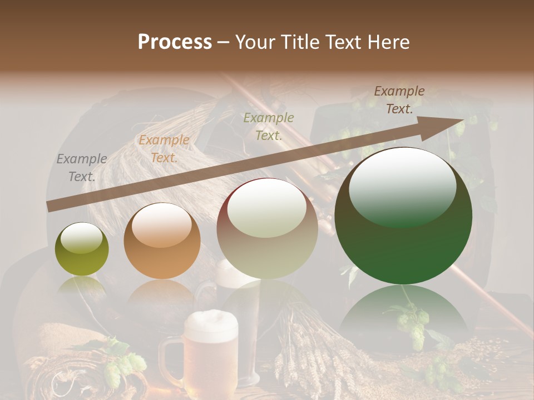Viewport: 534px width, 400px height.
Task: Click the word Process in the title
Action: click(175, 42)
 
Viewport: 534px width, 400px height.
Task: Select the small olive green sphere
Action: click(82, 249)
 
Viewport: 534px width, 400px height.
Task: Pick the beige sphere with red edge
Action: click(267, 228)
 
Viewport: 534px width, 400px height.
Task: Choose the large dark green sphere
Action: click(403, 216)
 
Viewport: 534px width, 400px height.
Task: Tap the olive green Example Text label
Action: click(269, 126)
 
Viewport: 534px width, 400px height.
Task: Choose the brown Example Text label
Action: click(399, 100)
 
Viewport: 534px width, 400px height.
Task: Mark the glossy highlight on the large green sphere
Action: click(402, 186)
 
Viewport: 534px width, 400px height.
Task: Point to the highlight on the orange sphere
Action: click(161, 225)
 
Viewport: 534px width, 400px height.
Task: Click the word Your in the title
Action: click(256, 42)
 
